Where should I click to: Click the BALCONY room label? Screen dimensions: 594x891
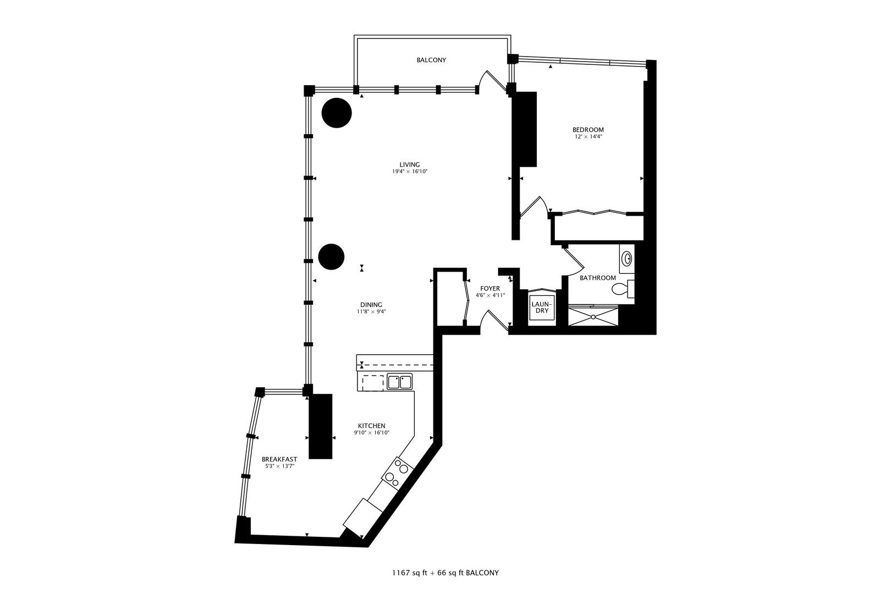tap(431, 60)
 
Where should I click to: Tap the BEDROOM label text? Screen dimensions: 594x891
tap(592, 130)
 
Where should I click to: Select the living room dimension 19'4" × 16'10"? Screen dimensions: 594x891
tap(410, 172)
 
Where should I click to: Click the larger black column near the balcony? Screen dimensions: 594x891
tap(336, 113)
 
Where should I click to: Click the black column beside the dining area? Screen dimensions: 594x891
tap(332, 257)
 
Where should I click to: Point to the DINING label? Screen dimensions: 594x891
tap(371, 305)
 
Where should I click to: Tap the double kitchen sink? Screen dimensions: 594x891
tap(400, 381)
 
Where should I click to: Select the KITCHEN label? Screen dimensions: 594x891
tap(372, 426)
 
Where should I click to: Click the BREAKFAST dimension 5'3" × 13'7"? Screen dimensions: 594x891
tap(279, 467)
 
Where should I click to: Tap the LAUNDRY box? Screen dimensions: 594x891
tap(542, 307)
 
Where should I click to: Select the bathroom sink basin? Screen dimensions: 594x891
tap(626, 258)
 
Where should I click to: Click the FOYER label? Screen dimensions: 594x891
tap(490, 288)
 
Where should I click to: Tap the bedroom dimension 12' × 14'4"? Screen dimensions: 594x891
tap(592, 137)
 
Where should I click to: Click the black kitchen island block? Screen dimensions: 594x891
tap(321, 426)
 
